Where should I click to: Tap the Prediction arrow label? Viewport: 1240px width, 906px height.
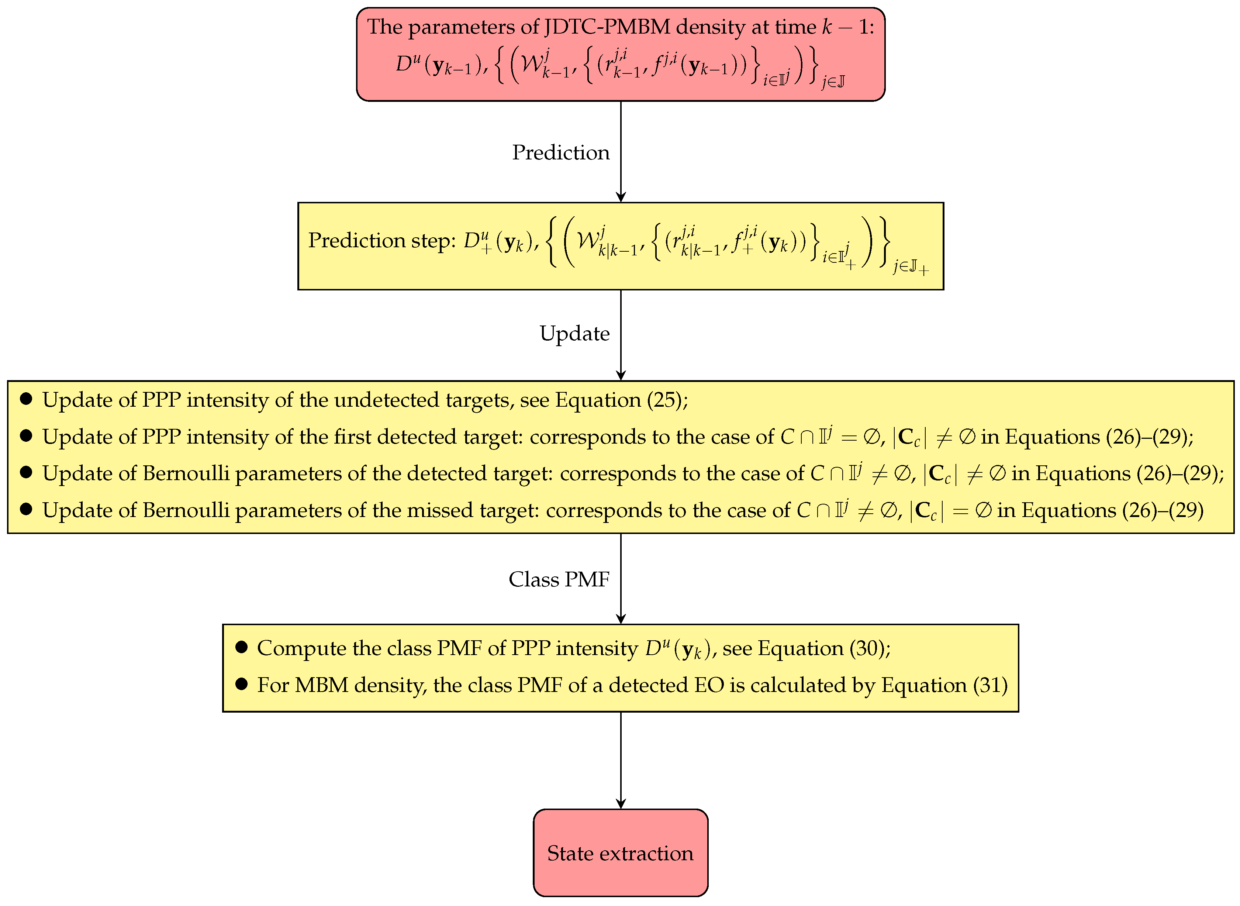560,152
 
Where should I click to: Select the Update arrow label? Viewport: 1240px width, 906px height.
574,334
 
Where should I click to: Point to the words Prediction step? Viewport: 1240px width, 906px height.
381,240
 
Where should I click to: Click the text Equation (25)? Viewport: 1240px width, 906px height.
621,400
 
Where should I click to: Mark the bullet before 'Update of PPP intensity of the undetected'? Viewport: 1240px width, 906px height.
26,399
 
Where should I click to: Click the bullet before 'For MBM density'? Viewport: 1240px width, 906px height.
241,684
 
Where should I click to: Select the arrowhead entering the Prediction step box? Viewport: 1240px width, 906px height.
621,197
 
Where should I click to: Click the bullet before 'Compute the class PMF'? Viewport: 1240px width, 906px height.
241,647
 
